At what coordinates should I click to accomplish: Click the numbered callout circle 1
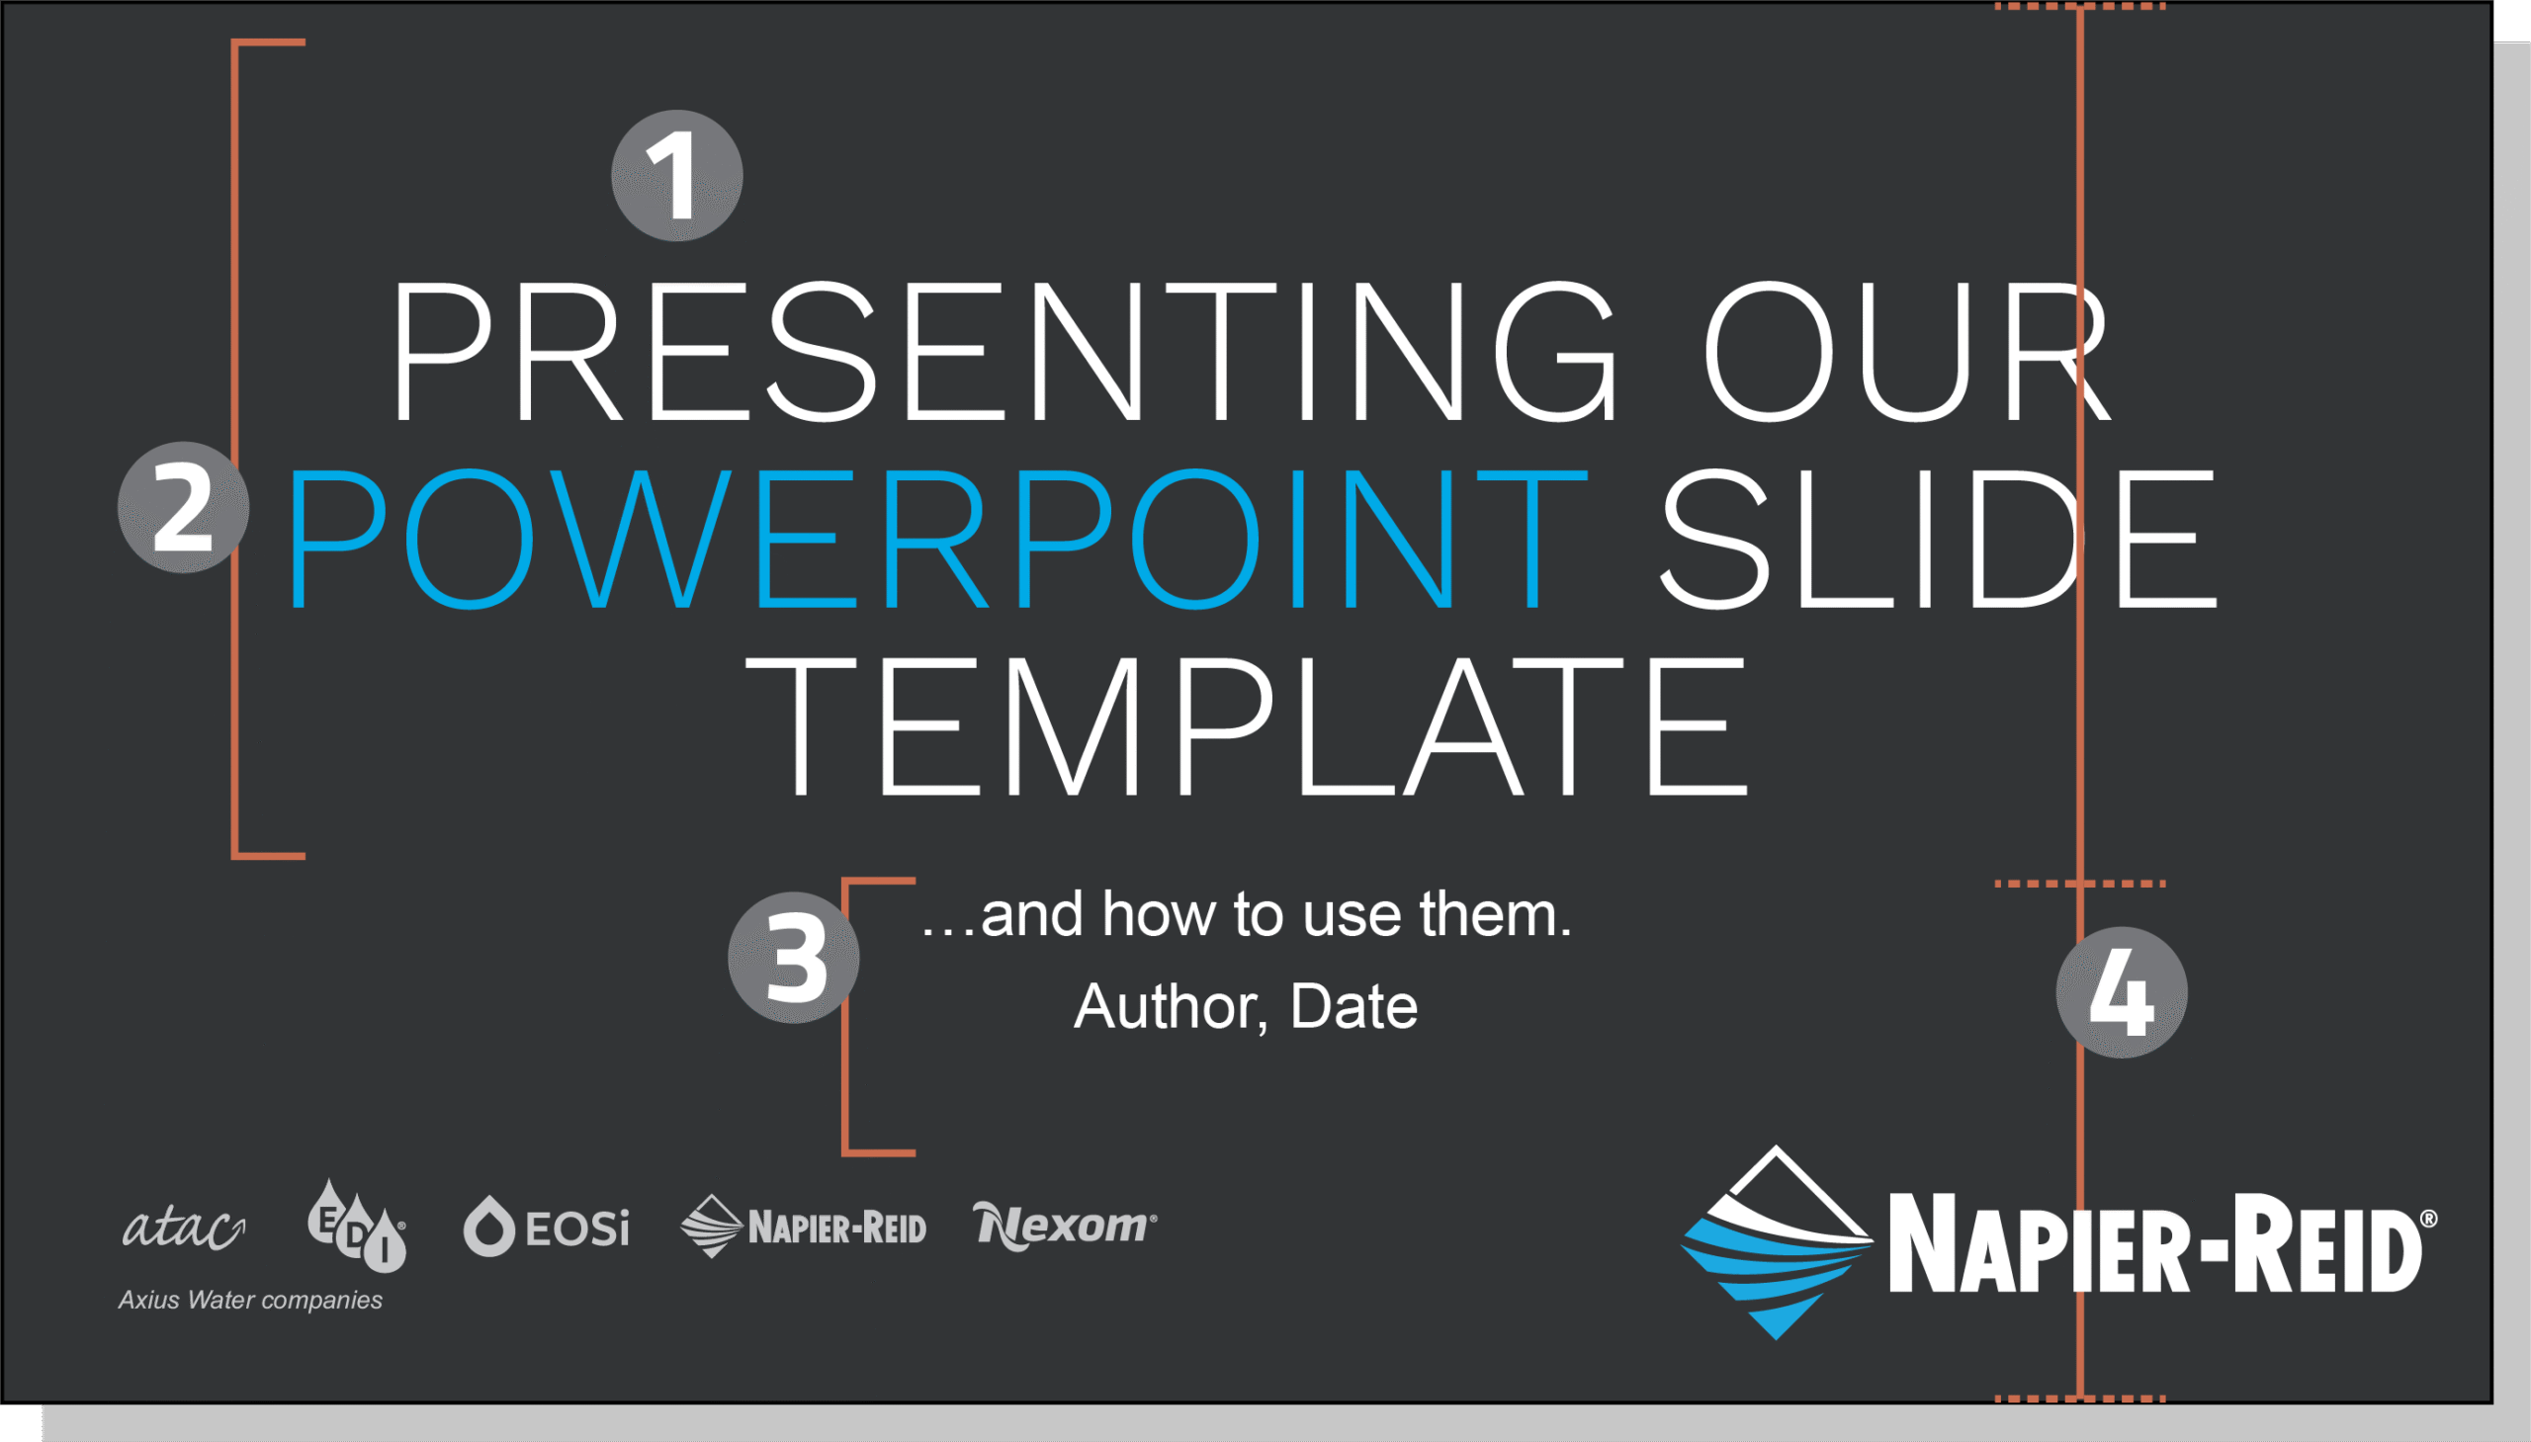click(676, 175)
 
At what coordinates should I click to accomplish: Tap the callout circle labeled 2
click(183, 507)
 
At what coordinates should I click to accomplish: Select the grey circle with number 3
click(794, 958)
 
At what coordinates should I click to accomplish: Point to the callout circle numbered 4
click(2122, 992)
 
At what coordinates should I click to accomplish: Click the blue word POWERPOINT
click(938, 537)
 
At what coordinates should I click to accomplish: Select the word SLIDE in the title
click(1939, 537)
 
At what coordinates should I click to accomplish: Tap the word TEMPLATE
click(1247, 726)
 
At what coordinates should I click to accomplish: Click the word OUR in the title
click(1907, 352)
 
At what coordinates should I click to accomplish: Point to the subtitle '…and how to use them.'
click(1246, 913)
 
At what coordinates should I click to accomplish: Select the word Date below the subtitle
click(1353, 1006)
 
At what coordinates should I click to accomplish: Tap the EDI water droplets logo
click(357, 1226)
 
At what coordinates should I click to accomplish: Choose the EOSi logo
click(546, 1228)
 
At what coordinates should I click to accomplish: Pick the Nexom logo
click(1065, 1227)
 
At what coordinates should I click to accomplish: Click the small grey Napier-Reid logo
click(804, 1227)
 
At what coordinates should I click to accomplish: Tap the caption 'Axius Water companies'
click(250, 1301)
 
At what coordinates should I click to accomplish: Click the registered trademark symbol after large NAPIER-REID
click(2428, 1220)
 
